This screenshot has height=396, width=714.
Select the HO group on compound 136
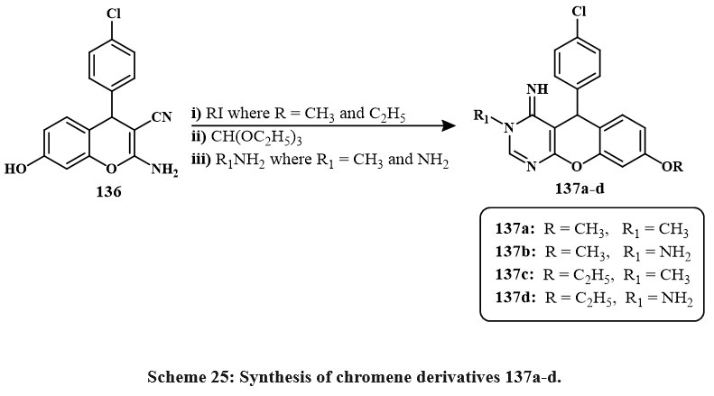(x=15, y=169)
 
